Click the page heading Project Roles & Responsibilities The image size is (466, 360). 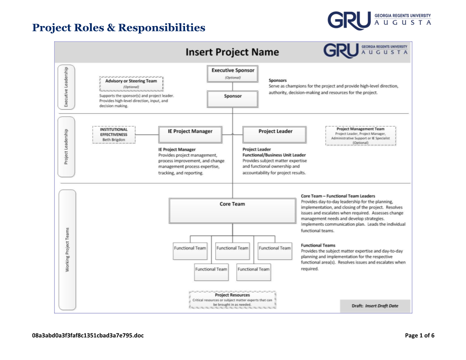coord(119,28)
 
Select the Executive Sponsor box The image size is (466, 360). coord(233,74)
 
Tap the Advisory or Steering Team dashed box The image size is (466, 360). coord(131,84)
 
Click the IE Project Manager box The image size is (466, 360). coord(190,134)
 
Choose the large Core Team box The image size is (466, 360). coord(232,210)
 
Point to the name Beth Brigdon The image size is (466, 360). coord(114,140)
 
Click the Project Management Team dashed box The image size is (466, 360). coord(360,136)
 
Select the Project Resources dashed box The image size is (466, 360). coord(232,300)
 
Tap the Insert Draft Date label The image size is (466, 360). coord(381,306)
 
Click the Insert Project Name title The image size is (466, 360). coord(232,52)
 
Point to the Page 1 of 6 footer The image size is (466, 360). coord(419,336)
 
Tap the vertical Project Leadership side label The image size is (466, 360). coord(66,146)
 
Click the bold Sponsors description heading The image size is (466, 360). coord(278,80)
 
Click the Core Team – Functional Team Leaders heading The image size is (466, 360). coord(338,196)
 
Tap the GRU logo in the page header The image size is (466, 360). coord(379,21)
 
